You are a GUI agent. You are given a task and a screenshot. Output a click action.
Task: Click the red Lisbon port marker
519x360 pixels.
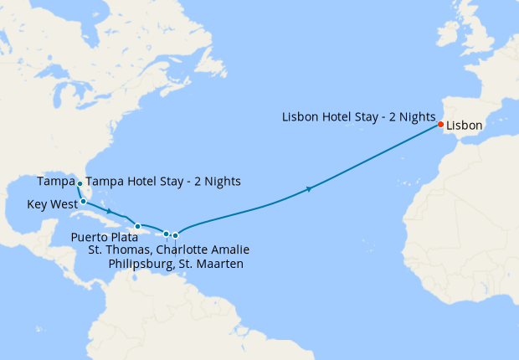tap(440, 126)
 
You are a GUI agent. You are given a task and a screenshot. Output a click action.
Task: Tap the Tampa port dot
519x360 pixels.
tap(80, 183)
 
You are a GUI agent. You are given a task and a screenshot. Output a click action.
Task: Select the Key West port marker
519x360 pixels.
tap(84, 202)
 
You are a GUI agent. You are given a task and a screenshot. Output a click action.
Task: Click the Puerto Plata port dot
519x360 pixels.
tap(137, 226)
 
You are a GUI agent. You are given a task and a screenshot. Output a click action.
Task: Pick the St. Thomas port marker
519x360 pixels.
tap(167, 234)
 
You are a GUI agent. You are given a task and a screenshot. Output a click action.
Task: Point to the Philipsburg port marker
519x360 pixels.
tap(175, 235)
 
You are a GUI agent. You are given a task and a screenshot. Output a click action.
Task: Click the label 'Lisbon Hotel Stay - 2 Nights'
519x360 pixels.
tap(357, 116)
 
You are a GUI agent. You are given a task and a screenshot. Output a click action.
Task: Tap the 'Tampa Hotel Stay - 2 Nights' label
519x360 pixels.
tap(163, 182)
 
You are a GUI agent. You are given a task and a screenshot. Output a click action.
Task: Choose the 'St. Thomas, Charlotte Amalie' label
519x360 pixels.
tap(169, 249)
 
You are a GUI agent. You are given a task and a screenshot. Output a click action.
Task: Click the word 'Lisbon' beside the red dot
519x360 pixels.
tap(465, 126)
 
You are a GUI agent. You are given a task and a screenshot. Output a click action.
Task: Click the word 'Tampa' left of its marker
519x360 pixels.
tap(55, 182)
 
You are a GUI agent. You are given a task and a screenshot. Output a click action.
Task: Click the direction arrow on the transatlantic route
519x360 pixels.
tap(310, 190)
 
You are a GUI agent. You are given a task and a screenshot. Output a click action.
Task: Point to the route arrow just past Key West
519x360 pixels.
tap(110, 210)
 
